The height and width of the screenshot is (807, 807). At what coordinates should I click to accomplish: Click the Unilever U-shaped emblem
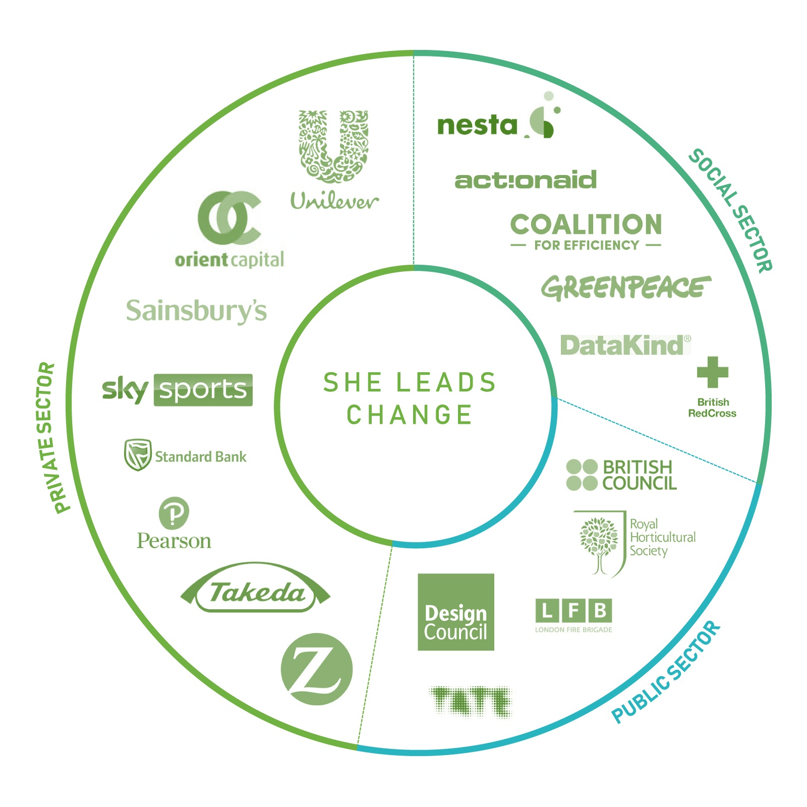[x=333, y=146]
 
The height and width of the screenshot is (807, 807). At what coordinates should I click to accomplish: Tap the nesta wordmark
[x=477, y=126]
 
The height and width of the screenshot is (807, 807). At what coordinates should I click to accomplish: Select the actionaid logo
[x=525, y=180]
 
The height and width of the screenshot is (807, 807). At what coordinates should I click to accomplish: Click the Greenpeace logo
[x=625, y=287]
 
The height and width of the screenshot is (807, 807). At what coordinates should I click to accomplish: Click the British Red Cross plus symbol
[x=712, y=372]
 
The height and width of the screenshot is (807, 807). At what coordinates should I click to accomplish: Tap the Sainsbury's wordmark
[x=196, y=311]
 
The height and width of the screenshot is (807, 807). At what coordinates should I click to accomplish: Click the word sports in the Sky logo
[x=203, y=390]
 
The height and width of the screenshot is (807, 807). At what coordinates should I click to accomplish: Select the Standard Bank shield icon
[x=138, y=454]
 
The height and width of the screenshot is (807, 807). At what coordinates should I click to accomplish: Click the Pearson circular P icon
[x=174, y=513]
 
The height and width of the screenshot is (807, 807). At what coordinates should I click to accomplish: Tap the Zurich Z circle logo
[x=316, y=669]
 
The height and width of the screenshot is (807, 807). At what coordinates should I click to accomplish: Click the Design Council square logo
[x=456, y=612]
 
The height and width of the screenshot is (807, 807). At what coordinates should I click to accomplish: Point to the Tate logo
[x=470, y=701]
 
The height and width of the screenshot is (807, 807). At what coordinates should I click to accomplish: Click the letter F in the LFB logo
[x=573, y=611]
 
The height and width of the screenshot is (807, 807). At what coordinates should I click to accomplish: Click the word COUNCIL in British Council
[x=640, y=484]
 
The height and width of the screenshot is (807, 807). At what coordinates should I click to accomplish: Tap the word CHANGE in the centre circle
[x=409, y=415]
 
